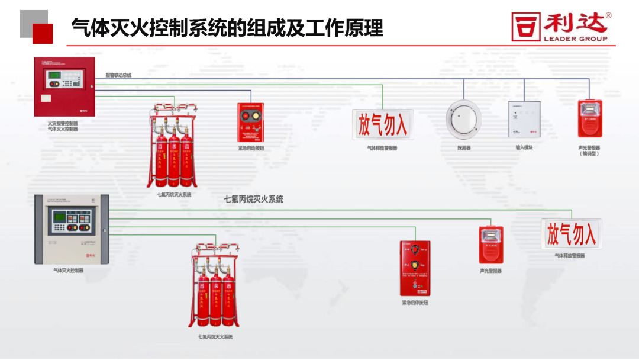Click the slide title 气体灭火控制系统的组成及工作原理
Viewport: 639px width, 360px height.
(227, 28)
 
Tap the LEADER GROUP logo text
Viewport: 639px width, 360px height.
(575, 39)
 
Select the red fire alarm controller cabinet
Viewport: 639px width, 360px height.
(64, 87)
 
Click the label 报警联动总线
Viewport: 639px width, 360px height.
(118, 75)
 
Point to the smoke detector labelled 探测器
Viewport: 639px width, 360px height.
(464, 120)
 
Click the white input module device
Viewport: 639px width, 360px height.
(524, 120)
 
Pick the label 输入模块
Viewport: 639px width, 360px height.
(524, 147)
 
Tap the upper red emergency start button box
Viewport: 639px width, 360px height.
(251, 121)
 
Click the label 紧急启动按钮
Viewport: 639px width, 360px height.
(251, 148)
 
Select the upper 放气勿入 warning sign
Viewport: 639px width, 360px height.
(383, 124)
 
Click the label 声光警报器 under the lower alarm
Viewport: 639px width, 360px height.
(490, 271)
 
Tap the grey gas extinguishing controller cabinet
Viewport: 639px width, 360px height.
(71, 229)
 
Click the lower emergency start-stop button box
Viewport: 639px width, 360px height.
(415, 268)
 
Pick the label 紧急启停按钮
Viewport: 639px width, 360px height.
(415, 303)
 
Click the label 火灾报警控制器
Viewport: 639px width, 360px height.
(63, 123)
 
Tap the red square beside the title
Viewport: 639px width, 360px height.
(42, 33)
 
